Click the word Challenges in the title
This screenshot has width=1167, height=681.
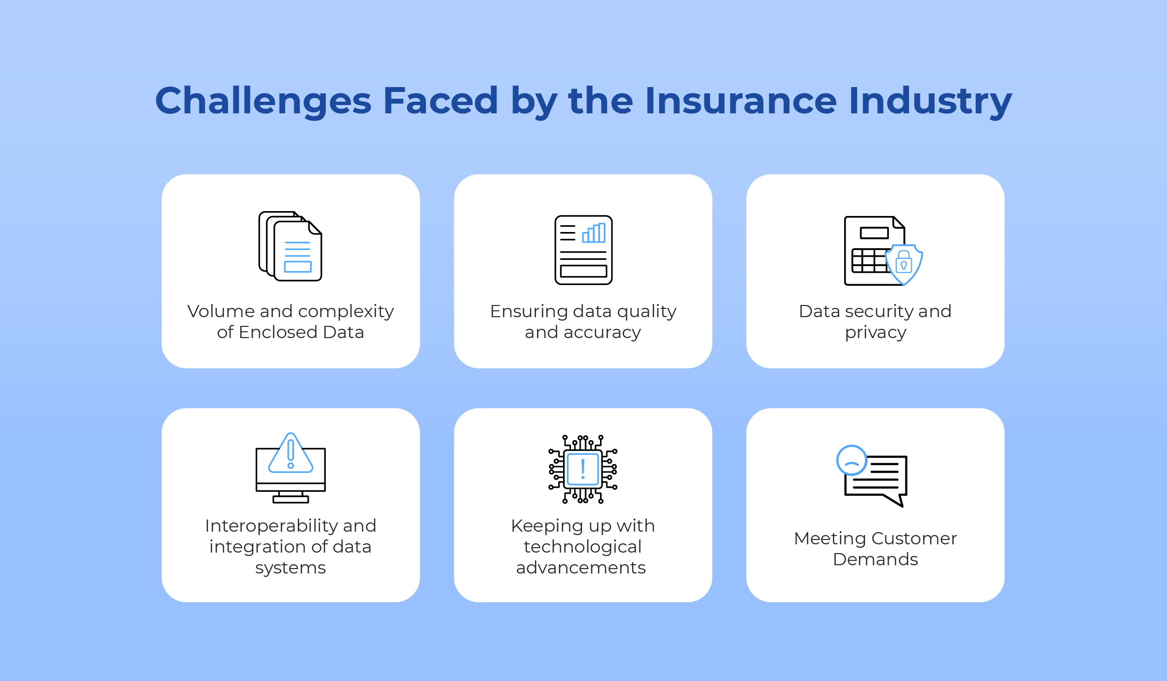click(x=263, y=101)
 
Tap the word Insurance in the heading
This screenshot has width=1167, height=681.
click(x=741, y=100)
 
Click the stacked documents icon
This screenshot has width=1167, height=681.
click(x=290, y=246)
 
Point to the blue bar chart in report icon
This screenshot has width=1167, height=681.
click(x=594, y=233)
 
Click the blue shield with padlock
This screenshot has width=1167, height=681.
click(x=904, y=264)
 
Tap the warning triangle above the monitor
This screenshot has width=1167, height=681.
click(x=291, y=453)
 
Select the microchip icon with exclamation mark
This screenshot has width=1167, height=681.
click(x=583, y=469)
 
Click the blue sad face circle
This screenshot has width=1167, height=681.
click(x=851, y=460)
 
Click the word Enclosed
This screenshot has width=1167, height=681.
click(x=278, y=332)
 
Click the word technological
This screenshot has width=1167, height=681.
click(x=583, y=547)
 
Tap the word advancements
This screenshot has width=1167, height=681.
click(x=581, y=568)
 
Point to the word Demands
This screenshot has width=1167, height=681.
click(x=875, y=559)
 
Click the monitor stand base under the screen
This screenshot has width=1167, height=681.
click(x=291, y=499)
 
